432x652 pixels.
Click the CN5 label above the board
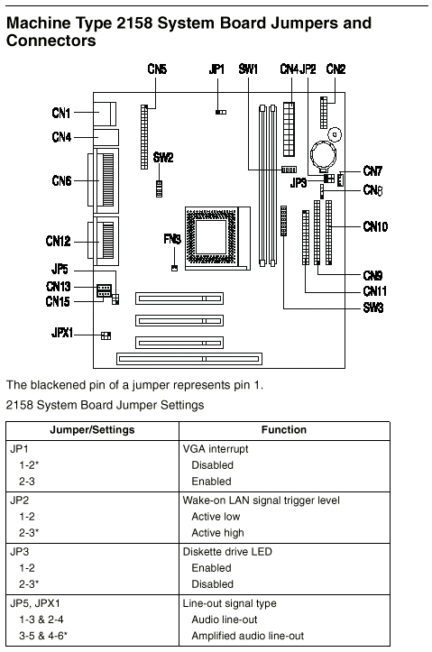[157, 69]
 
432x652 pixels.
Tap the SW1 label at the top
[248, 69]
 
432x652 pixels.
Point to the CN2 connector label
[336, 69]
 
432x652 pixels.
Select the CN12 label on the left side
[59, 241]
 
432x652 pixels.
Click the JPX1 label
[62, 333]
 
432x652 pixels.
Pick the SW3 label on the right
[373, 308]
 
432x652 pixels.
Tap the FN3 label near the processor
[172, 239]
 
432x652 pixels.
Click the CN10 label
[375, 226]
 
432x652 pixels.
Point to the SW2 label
[163, 158]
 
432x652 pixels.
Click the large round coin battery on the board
[324, 155]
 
